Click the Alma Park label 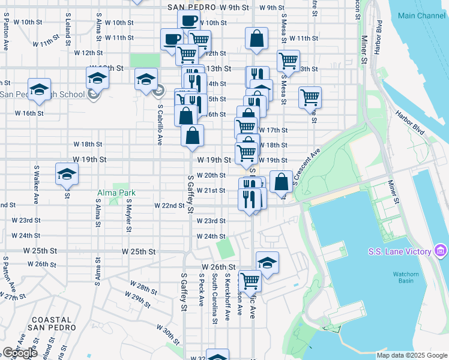(x=117, y=193)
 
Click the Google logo (x=19, y=353)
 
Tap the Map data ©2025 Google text (x=412, y=355)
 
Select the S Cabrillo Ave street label (x=160, y=125)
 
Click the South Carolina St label (x=214, y=298)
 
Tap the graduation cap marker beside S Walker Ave (x=67, y=175)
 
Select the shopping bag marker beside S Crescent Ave (x=281, y=181)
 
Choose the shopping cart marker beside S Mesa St (x=288, y=61)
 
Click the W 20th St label (x=214, y=175)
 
